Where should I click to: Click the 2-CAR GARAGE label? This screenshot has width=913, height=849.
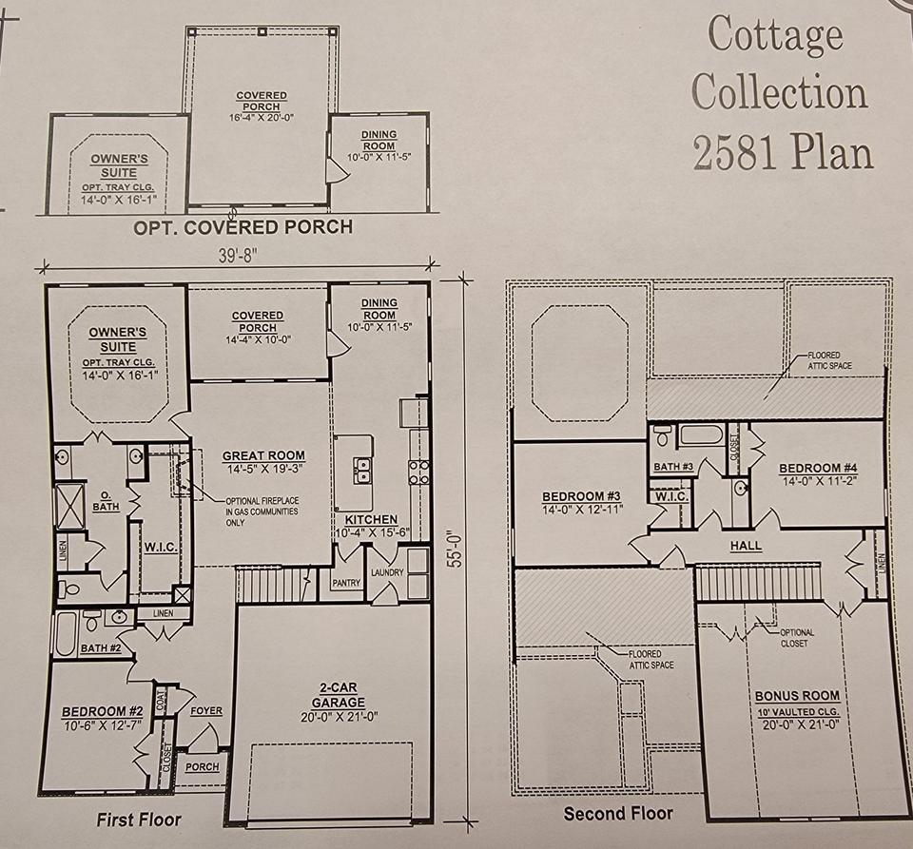click(x=339, y=695)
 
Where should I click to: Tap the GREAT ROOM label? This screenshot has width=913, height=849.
click(x=263, y=455)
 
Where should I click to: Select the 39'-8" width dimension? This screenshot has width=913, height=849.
click(x=238, y=256)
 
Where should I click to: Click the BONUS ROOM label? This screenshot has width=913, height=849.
click(x=797, y=696)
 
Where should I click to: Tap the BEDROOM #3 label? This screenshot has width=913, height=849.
click(x=581, y=496)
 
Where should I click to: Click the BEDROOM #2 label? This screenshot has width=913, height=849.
click(x=102, y=711)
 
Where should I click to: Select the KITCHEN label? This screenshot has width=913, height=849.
click(x=371, y=519)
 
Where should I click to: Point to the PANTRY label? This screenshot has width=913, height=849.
click(x=346, y=583)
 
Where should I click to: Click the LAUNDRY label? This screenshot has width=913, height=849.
click(x=387, y=572)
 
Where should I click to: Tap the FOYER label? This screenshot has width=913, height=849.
click(x=206, y=710)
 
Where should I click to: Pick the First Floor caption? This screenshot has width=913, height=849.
click(x=139, y=820)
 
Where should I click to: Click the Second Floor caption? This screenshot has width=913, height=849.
click(x=618, y=813)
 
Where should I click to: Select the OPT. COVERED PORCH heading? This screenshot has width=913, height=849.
click(x=243, y=227)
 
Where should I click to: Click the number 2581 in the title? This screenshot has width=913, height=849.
click(x=734, y=152)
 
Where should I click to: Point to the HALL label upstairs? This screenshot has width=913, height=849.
click(x=746, y=546)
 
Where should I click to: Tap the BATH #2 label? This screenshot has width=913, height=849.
click(x=101, y=648)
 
